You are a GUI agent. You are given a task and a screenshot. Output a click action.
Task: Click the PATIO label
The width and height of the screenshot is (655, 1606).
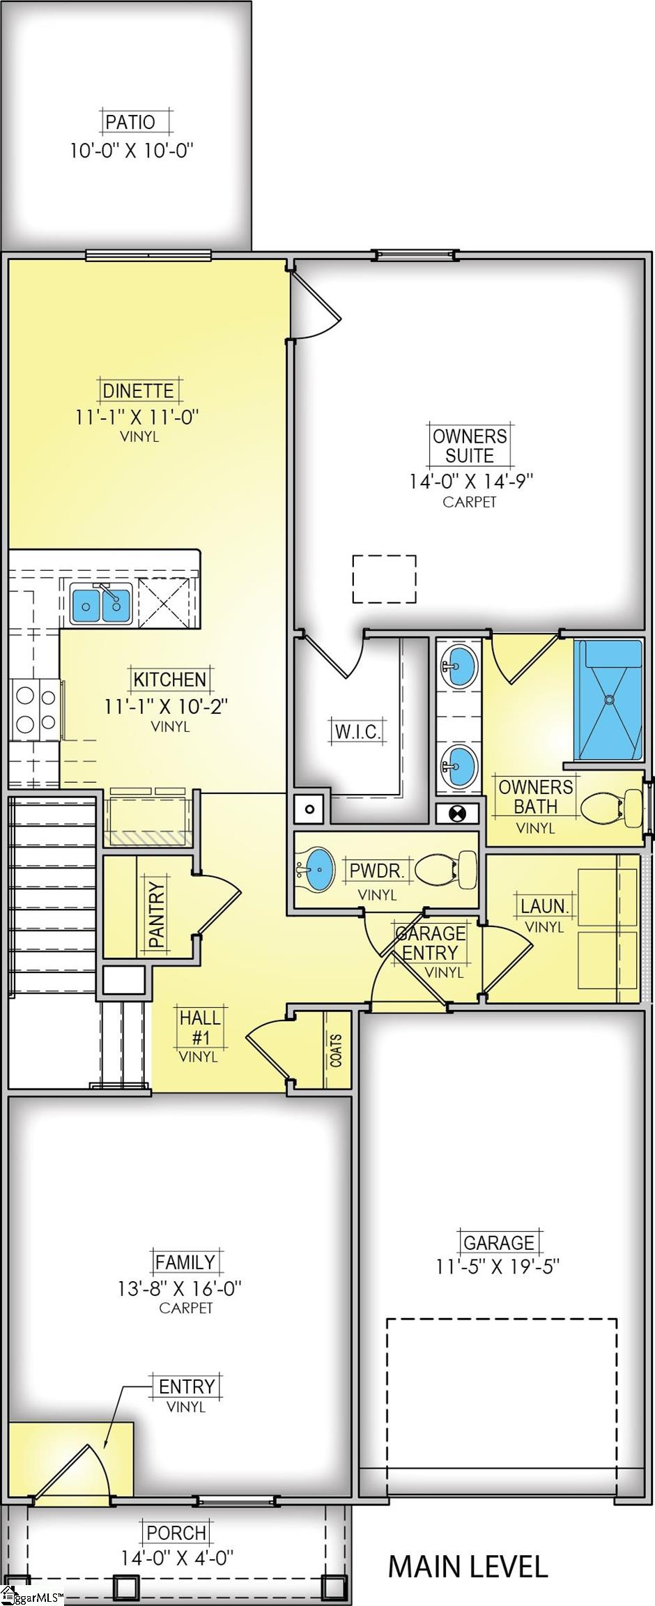(x=130, y=122)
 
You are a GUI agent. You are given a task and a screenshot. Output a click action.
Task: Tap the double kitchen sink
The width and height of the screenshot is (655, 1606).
(x=101, y=604)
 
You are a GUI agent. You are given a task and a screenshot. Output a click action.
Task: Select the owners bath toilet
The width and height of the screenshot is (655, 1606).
(x=611, y=809)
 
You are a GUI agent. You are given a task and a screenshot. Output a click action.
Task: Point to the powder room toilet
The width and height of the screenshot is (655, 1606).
(x=446, y=869)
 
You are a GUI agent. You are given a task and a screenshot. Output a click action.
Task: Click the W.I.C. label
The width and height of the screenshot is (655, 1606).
(x=357, y=732)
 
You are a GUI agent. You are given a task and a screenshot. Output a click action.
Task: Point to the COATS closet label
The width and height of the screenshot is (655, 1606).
(x=337, y=1050)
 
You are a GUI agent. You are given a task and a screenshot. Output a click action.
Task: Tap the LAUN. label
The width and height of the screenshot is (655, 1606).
(x=545, y=906)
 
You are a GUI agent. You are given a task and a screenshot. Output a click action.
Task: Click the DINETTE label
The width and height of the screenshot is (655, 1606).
(x=138, y=390)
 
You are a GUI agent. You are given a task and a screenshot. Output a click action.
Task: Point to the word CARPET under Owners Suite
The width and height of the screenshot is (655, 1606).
(x=470, y=502)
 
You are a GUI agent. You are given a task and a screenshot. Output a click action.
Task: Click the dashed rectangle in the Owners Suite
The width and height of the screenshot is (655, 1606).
(x=384, y=579)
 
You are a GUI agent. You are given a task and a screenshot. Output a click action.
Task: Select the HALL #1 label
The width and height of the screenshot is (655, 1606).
(x=200, y=1027)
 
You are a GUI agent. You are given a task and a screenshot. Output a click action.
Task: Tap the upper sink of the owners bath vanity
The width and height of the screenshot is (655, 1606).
(x=458, y=666)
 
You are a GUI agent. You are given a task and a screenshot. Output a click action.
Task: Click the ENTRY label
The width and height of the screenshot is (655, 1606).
(x=187, y=1386)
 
